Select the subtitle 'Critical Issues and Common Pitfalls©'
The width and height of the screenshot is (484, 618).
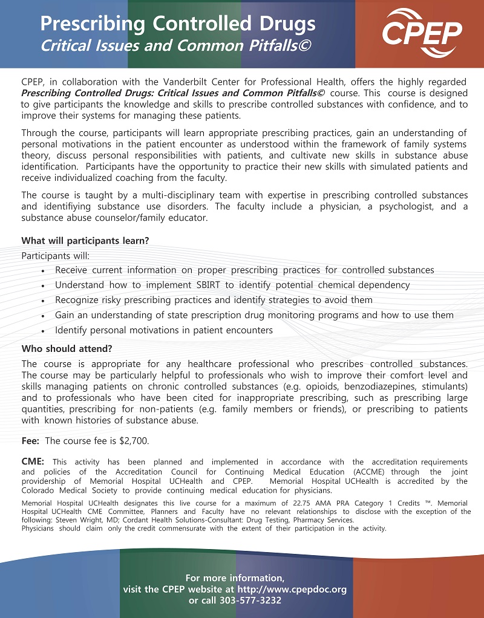pos(175,45)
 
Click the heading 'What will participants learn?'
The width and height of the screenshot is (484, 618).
pos(85,240)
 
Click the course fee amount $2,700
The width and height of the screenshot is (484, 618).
pos(136,440)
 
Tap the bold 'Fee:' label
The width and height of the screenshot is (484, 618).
pos(31,440)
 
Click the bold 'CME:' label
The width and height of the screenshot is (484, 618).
pos(33,462)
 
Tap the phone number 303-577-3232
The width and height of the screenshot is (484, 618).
pos(255,600)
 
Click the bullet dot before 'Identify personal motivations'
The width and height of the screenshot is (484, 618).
pos(43,331)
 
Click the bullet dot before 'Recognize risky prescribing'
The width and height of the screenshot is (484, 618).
pos(43,301)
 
